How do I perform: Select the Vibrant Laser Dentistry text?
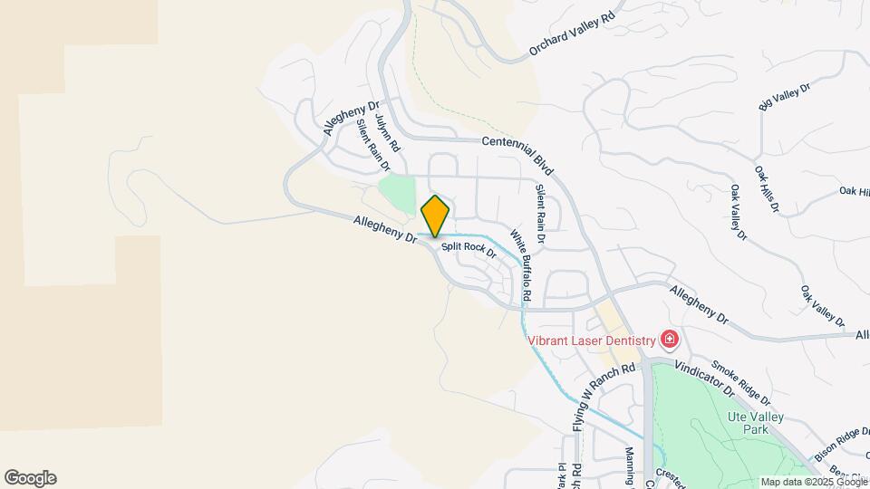pos(592,340)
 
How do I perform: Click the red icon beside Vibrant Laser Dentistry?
pos(670,340)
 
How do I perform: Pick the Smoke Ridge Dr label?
pos(740,382)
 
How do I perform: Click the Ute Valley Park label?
pos(755,423)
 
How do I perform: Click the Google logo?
pos(30,478)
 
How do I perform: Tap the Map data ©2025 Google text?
pos(813,482)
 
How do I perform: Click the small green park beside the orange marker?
pos(397,193)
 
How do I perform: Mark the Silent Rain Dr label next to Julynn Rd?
pos(372,146)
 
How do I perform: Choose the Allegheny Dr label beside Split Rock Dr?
pos(385,228)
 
